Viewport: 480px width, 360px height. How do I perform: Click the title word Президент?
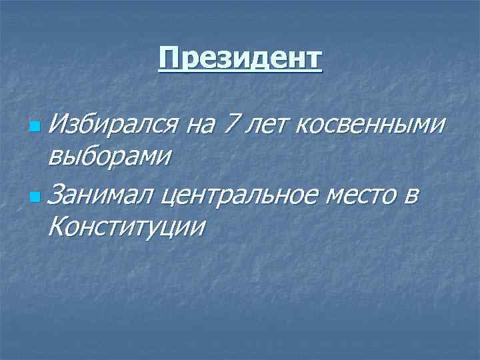point(240,59)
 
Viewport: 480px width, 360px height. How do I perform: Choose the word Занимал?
point(102,194)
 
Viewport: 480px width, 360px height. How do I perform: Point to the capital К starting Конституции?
point(57,228)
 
